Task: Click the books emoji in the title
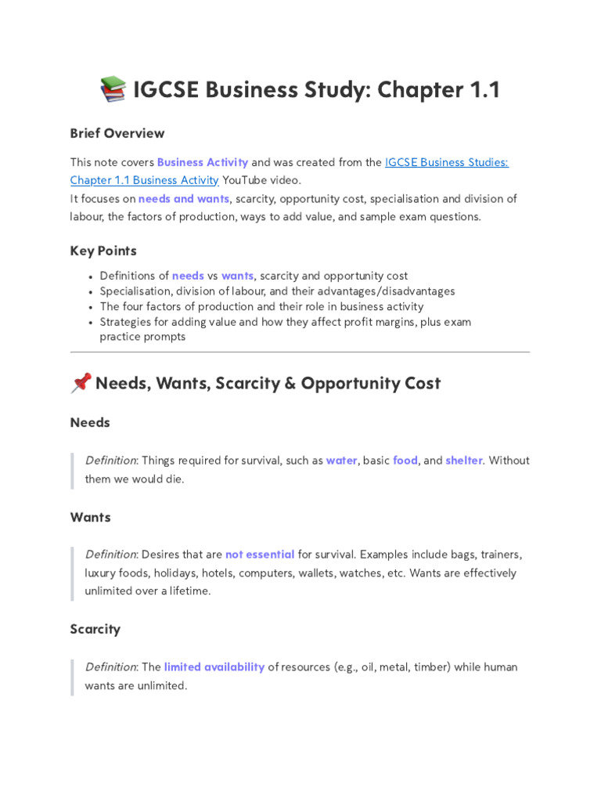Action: pos(113,90)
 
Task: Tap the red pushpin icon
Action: pos(81,383)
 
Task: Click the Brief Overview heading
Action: pos(117,133)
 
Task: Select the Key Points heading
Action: pos(103,251)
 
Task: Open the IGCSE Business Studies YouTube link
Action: pos(446,162)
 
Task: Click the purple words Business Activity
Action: pos(203,162)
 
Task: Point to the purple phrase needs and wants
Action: pos(184,199)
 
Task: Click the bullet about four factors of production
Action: pos(261,306)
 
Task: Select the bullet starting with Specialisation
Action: pos(277,291)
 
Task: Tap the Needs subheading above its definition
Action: pos(90,423)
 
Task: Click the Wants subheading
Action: pos(91,518)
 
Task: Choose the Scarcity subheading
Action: pos(95,630)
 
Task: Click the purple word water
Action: pos(342,461)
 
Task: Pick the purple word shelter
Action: pos(464,461)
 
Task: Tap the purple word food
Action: pos(405,461)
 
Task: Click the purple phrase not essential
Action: pos(260,555)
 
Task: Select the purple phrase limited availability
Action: pos(214,667)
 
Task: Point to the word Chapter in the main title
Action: pos(421,90)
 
